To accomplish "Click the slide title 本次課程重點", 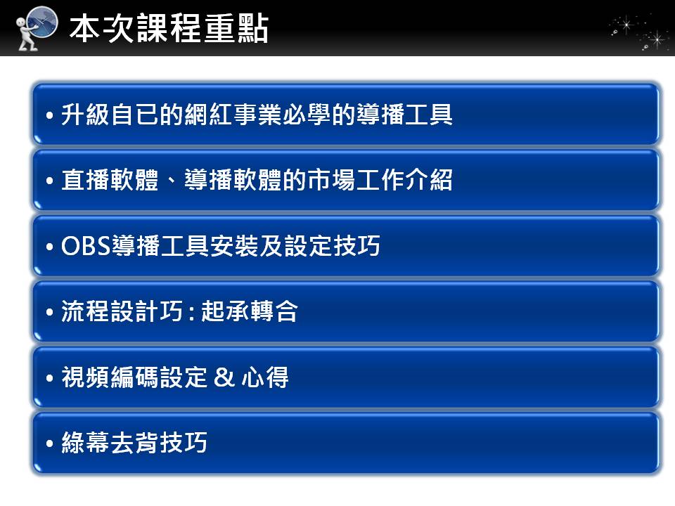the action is pos(169,28).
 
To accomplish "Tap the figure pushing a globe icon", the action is pos(37,28).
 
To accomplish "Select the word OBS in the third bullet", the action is pos(86,246).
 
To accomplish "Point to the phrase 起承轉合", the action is pos(250,311).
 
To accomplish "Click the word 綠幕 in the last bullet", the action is pos(86,442).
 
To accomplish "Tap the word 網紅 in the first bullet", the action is pos(209,115).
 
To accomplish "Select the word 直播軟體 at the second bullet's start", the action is pos(110,180).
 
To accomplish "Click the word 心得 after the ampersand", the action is pos(265,377).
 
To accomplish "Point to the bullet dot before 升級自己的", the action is pos(50,115).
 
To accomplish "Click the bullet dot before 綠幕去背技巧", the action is pos(50,443).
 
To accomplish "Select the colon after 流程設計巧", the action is pos(191,312).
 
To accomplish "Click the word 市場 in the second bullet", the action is pos(331,180).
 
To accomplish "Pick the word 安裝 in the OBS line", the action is pos(234,246).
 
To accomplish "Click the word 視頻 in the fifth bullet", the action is pos(86,377).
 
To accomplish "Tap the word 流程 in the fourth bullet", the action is pos(86,311).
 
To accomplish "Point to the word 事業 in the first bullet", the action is pos(258,115).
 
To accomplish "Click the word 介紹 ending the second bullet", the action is pos(429,180).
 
